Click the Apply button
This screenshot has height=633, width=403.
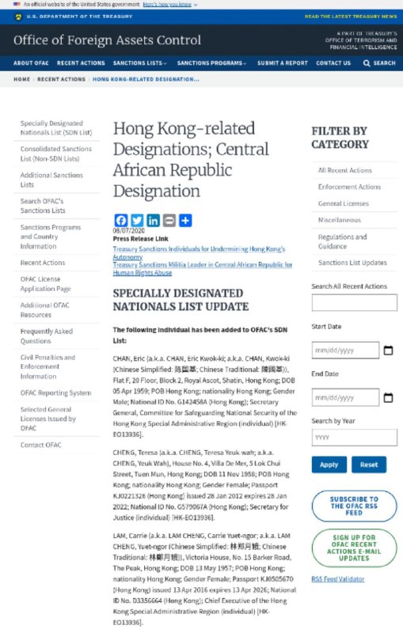pos(329,465)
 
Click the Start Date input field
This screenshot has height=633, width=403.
pos(344,350)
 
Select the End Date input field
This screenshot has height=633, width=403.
pos(344,397)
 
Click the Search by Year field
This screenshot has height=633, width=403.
pos(354,438)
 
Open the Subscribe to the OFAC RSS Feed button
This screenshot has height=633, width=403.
pos(354,505)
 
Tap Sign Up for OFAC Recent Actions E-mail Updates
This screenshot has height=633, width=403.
pos(354,547)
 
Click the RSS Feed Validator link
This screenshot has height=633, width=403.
pos(337,579)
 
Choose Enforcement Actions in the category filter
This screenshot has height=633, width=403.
pos(349,187)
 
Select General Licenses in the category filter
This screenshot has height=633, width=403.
pos(343,203)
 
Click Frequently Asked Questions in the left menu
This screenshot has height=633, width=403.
pos(46,336)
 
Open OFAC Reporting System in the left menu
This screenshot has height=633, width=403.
pos(55,392)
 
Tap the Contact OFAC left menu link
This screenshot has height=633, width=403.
pos(40,445)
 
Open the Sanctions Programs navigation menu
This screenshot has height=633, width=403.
pos(210,63)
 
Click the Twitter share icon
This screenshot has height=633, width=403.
pos(136,221)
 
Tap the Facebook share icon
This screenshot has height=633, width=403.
pos(120,221)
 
